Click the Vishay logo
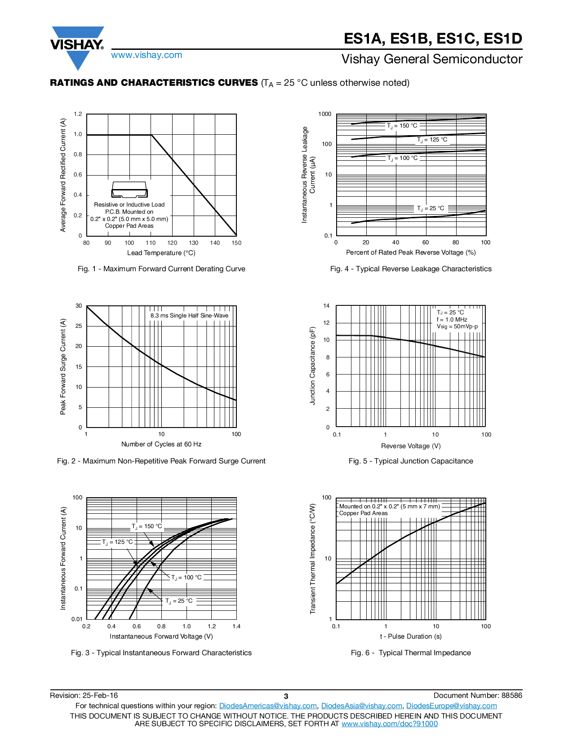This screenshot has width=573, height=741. (x=77, y=45)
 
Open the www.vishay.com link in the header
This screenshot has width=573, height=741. (x=147, y=55)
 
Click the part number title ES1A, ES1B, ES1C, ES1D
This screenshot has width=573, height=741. (x=433, y=39)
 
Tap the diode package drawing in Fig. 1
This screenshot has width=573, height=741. (x=129, y=190)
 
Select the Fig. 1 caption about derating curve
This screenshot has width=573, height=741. (x=161, y=269)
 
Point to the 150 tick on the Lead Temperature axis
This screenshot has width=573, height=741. (x=236, y=243)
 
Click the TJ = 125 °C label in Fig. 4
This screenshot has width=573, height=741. (x=432, y=140)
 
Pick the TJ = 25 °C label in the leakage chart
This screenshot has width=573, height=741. (x=430, y=208)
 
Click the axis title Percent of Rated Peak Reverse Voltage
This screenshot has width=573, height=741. (x=411, y=252)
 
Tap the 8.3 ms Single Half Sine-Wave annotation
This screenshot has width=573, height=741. (x=189, y=316)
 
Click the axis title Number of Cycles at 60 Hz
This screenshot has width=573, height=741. (x=161, y=444)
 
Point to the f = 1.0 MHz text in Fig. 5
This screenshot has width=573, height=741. (x=452, y=319)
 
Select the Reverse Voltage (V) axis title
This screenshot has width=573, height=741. (x=411, y=446)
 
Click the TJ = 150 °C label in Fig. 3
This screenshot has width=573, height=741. (x=147, y=526)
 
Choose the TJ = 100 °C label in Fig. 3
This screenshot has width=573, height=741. (x=187, y=578)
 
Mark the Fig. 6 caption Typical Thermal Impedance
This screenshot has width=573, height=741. (x=411, y=653)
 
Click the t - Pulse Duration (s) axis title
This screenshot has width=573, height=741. (x=411, y=636)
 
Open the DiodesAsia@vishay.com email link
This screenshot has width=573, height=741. (x=361, y=706)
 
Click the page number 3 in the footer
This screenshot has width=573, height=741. (x=286, y=696)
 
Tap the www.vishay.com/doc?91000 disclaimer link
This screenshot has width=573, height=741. (x=389, y=723)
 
